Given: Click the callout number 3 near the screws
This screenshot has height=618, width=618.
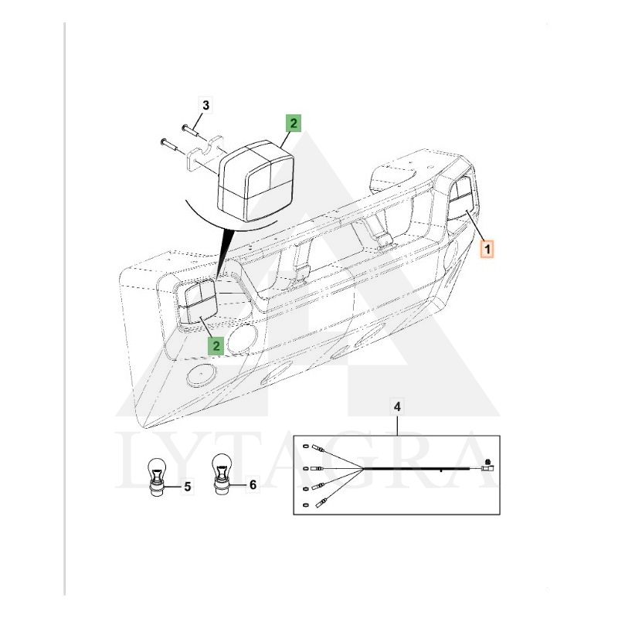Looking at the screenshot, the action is (x=205, y=106).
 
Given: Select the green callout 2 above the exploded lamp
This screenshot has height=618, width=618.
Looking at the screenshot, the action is (x=294, y=123).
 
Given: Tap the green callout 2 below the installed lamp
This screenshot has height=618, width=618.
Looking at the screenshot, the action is (x=216, y=345).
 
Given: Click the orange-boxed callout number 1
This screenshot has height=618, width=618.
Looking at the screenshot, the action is (x=487, y=249).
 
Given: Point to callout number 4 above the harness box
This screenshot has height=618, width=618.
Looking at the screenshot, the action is (x=397, y=406).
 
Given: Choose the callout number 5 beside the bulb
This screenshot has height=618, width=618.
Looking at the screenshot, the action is (x=188, y=487).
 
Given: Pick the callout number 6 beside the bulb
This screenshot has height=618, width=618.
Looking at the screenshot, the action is (x=253, y=484).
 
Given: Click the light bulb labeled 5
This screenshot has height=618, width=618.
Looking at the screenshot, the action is (x=158, y=476).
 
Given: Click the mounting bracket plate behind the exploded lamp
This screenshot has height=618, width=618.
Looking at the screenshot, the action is (x=205, y=154).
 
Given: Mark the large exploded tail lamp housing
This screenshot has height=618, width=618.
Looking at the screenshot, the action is (x=256, y=180).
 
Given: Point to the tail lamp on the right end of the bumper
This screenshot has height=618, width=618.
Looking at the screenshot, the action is (x=460, y=199).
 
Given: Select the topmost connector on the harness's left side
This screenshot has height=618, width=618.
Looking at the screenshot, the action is (x=317, y=448).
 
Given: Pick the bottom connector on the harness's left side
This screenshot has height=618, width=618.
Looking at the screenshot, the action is (x=321, y=503).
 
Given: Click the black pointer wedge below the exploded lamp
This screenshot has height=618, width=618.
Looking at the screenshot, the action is (x=224, y=252).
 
